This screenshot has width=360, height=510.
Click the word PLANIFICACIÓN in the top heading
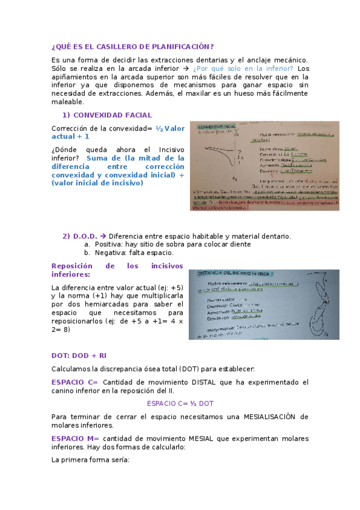177,47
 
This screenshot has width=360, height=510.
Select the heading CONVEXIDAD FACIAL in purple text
112,114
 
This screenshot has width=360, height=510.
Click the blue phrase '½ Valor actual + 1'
170,128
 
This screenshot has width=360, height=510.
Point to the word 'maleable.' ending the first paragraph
68,102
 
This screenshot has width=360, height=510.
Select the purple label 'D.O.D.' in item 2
85,236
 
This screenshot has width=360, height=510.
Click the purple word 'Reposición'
72,265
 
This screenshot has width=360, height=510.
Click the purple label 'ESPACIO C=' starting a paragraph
75,382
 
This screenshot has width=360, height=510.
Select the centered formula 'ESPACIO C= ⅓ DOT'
180,403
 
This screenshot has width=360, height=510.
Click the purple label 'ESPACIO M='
75,438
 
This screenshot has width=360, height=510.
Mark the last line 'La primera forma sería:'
90,460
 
